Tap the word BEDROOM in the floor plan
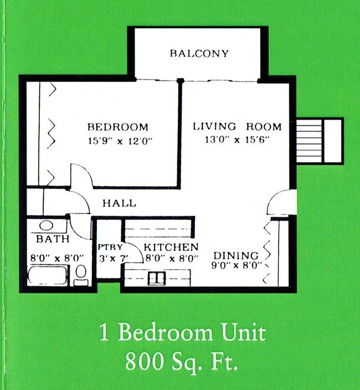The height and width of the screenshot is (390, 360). coord(118,126)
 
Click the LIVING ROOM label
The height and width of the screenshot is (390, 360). coord(237,126)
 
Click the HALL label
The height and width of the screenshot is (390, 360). coord(119,203)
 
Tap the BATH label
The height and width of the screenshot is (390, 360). coord(53,239)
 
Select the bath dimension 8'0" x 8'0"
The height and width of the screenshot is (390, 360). coord(57,258)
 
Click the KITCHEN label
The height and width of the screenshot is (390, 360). coord(171,247)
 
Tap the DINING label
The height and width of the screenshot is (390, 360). coord(236,255)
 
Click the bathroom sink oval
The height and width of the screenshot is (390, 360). coord(46,226)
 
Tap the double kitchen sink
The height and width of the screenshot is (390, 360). coord(156,278)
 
